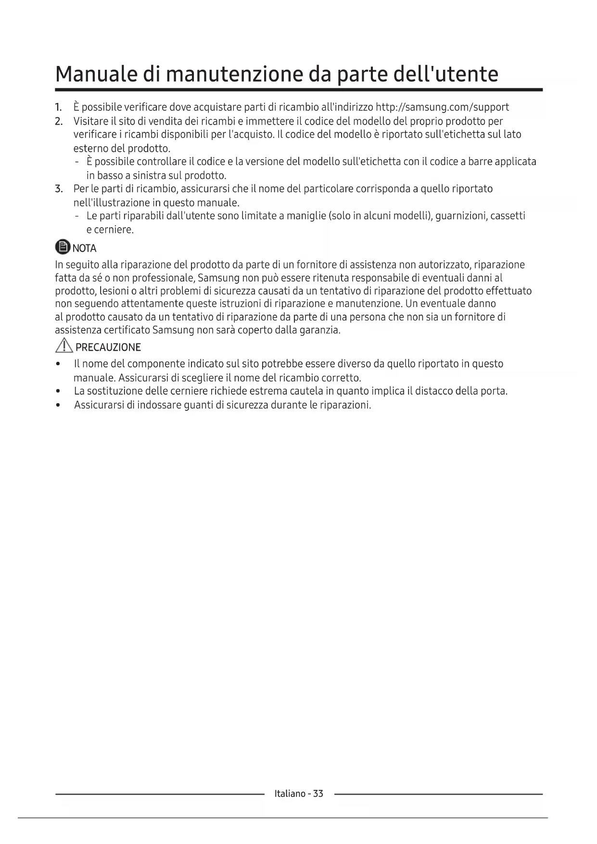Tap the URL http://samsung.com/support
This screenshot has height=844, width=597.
442,107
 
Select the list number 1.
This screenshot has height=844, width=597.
58,107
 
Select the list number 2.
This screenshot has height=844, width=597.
59,121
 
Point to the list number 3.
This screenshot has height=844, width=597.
59,189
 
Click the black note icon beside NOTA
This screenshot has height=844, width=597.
63,248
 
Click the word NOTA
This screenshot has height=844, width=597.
85,248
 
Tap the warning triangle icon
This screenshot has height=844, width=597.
64,346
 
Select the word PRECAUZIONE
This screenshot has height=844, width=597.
108,347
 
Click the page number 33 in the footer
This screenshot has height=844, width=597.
318,793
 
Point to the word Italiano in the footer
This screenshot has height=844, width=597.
290,793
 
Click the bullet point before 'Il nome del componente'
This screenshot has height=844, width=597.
59,364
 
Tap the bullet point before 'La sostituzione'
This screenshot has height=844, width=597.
59,391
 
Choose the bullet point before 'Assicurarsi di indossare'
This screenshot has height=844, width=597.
59,405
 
